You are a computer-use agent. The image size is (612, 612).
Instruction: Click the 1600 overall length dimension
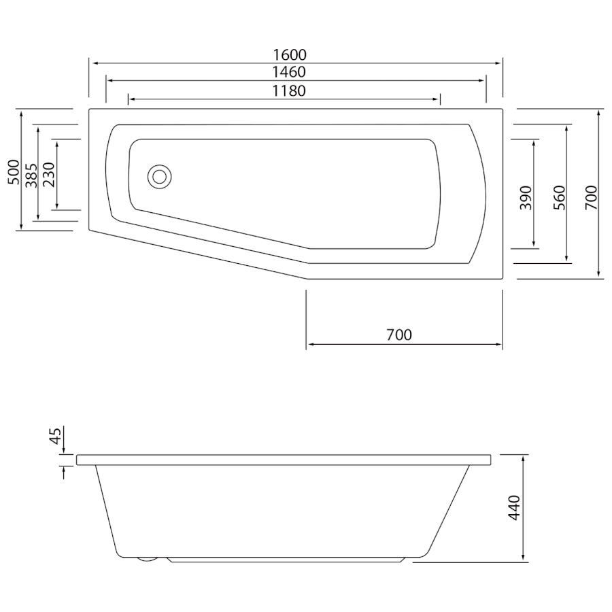click(x=289, y=55)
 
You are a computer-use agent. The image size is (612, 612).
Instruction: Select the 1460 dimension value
click(x=289, y=72)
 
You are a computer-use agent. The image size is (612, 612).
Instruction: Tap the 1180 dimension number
click(x=289, y=91)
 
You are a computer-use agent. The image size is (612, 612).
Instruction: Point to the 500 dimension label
click(x=14, y=172)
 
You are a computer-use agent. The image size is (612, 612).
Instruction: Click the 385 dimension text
click(x=31, y=175)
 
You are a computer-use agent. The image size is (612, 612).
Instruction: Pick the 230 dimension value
click(x=49, y=175)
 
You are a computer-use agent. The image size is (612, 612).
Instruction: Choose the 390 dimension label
click(x=526, y=198)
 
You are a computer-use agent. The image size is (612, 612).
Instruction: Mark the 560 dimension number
click(x=560, y=198)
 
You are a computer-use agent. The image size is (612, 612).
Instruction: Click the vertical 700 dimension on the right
click(x=591, y=197)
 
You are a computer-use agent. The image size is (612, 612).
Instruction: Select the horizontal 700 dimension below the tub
click(x=399, y=335)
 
